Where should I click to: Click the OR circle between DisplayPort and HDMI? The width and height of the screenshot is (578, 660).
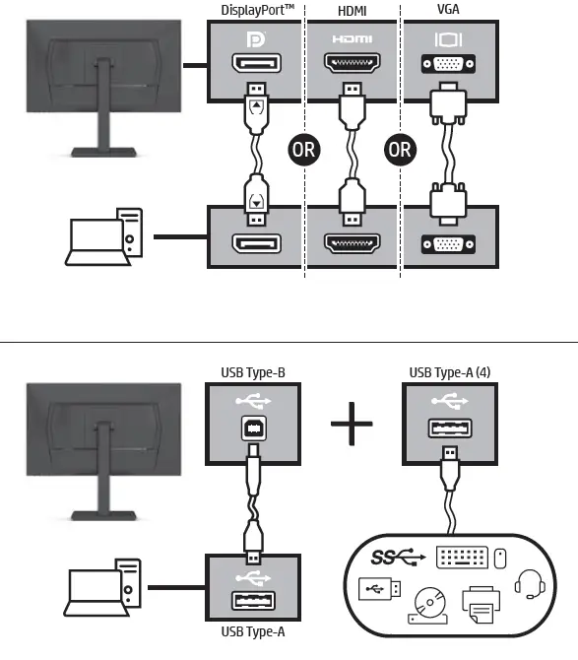pyautogui.click(x=302, y=151)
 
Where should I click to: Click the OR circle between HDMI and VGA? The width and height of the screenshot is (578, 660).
pyautogui.click(x=399, y=151)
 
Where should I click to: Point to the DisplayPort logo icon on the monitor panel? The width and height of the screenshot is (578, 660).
pyautogui.click(x=254, y=42)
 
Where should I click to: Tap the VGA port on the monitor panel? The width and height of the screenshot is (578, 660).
pyautogui.click(x=448, y=68)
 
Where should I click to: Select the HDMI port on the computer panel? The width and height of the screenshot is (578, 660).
pyautogui.click(x=352, y=244)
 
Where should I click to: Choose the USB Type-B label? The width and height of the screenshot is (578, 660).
pyautogui.click(x=253, y=372)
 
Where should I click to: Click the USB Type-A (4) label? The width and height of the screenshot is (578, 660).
pyautogui.click(x=449, y=372)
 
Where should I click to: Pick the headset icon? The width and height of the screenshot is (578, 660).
pyautogui.click(x=530, y=582)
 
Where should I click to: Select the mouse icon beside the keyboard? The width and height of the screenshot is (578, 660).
pyautogui.click(x=499, y=558)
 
